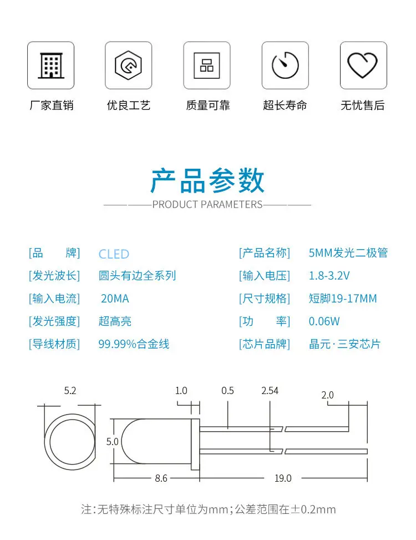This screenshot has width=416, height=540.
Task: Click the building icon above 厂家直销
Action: [50, 65]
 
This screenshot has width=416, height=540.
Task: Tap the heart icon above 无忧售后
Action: [363, 65]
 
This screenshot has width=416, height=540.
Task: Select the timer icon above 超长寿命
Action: [285, 65]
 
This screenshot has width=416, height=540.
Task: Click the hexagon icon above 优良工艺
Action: [128, 65]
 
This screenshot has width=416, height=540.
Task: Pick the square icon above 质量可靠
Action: [207, 65]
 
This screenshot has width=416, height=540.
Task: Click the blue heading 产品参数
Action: [207, 180]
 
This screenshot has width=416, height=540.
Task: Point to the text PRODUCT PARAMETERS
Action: [207, 204]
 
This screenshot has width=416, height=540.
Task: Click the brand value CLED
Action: [114, 254]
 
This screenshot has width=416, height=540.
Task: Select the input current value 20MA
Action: [115, 299]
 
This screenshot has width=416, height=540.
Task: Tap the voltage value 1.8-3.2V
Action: [329, 276]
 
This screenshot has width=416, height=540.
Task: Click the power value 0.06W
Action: [324, 321]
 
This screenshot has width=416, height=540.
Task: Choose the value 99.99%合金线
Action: [134, 344]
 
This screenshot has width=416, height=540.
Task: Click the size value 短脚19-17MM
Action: [342, 299]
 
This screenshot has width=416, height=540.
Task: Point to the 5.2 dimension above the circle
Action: [70, 391]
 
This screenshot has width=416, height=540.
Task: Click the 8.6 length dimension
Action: [161, 478]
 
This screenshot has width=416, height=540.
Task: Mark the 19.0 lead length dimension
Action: [282, 478]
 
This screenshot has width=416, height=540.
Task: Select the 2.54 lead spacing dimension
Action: [270, 391]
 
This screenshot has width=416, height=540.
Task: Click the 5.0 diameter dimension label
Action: [113, 442]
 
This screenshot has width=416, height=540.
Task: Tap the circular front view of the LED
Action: [70, 442]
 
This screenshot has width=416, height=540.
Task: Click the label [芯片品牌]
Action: [264, 344]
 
